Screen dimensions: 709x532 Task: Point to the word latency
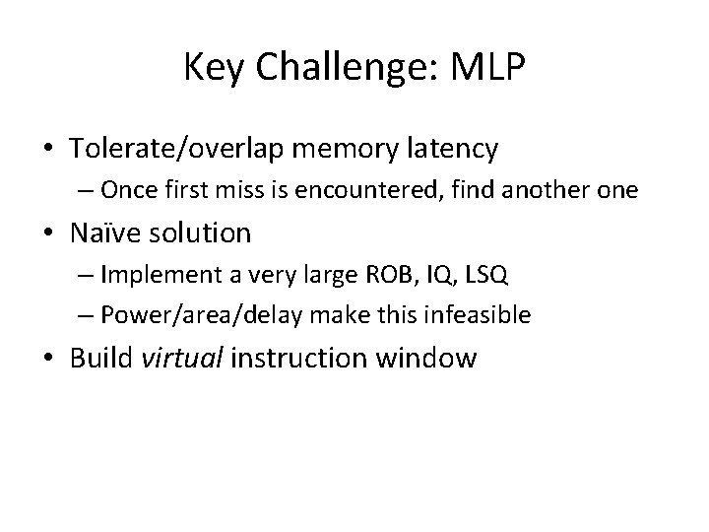pyautogui.click(x=448, y=149)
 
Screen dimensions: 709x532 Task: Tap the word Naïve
pyautogui.click(x=105, y=233)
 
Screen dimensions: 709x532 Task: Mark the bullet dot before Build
pyautogui.click(x=50, y=358)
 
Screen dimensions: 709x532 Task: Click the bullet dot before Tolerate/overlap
pyautogui.click(x=50, y=150)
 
